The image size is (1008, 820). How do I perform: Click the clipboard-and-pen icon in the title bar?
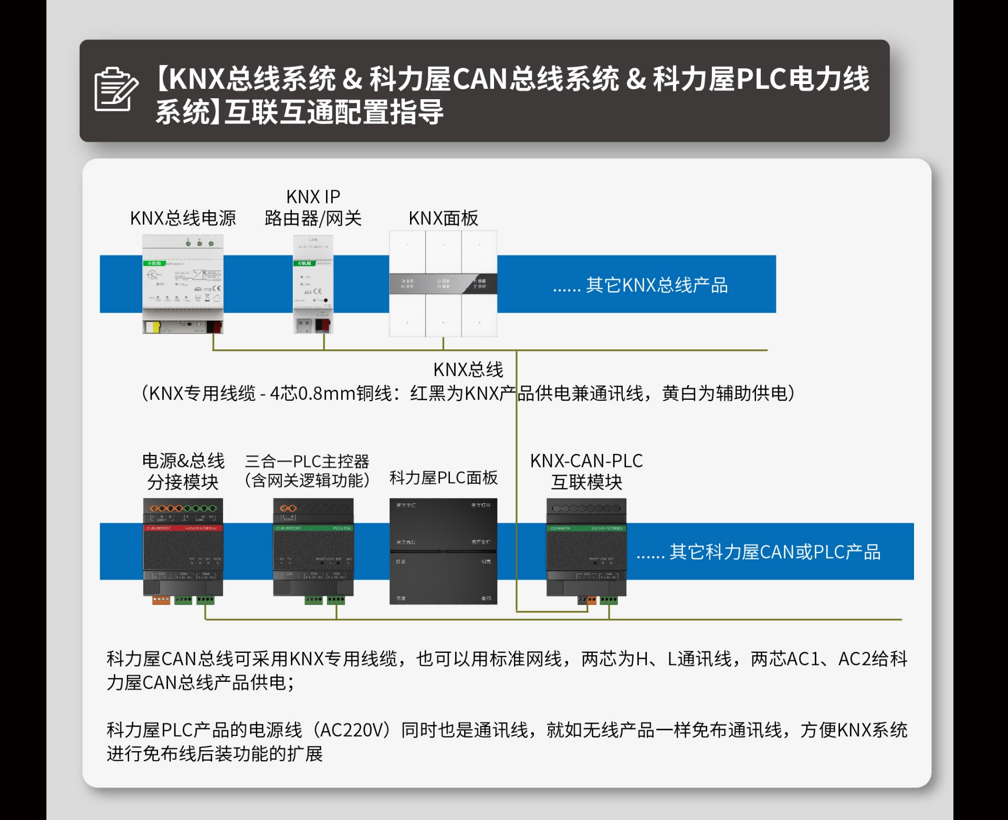click(x=116, y=89)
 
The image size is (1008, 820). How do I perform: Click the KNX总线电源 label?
click(x=183, y=218)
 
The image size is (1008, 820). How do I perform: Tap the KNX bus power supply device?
click(x=183, y=284)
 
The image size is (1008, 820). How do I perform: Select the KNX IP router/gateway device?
click(x=313, y=284)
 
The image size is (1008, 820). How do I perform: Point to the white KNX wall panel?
click(x=443, y=284)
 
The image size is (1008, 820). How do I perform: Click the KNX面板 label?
click(x=443, y=218)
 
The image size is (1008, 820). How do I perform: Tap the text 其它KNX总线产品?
click(x=656, y=285)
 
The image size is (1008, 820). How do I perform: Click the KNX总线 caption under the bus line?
click(x=468, y=370)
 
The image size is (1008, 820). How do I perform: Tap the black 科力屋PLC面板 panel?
click(x=443, y=551)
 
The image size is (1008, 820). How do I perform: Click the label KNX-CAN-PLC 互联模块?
click(x=586, y=471)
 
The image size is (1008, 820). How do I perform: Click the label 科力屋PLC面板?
click(x=443, y=478)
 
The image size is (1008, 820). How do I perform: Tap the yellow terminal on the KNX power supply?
click(x=153, y=327)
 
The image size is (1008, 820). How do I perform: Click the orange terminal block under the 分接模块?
click(x=161, y=599)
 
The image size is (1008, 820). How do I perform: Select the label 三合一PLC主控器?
click(x=307, y=461)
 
